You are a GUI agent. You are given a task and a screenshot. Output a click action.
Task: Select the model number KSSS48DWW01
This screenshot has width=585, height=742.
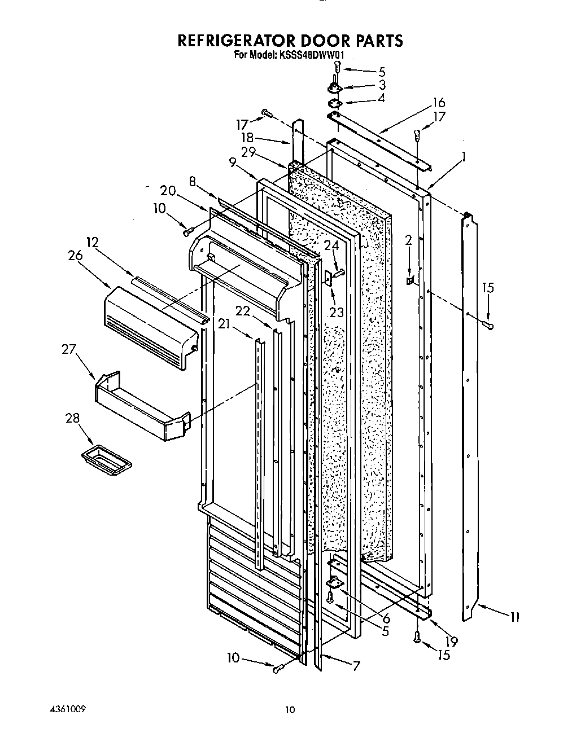pos(311,55)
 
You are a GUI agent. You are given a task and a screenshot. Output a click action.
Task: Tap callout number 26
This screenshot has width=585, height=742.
pos(76,255)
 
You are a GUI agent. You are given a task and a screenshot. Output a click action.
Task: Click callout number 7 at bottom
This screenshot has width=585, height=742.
pos(356,666)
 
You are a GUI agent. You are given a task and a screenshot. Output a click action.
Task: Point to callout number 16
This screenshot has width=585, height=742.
pos(439,103)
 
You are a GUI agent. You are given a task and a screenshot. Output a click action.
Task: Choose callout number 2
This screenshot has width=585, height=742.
pos(408,240)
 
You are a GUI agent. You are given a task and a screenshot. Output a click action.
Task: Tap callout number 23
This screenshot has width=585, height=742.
pos(336,311)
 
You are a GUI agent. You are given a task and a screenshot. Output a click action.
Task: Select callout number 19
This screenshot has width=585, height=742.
pos(451,641)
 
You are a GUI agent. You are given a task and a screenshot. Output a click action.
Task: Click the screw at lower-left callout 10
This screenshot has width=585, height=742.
pos(277,669)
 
